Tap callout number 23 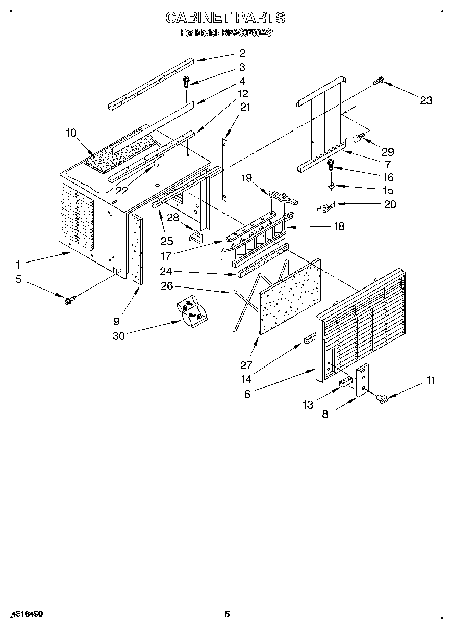[426, 100]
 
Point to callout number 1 [18, 265]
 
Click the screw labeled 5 [68, 299]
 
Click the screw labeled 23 [379, 80]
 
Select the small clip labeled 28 [197, 237]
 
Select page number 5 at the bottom [227, 614]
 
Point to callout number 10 [70, 133]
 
